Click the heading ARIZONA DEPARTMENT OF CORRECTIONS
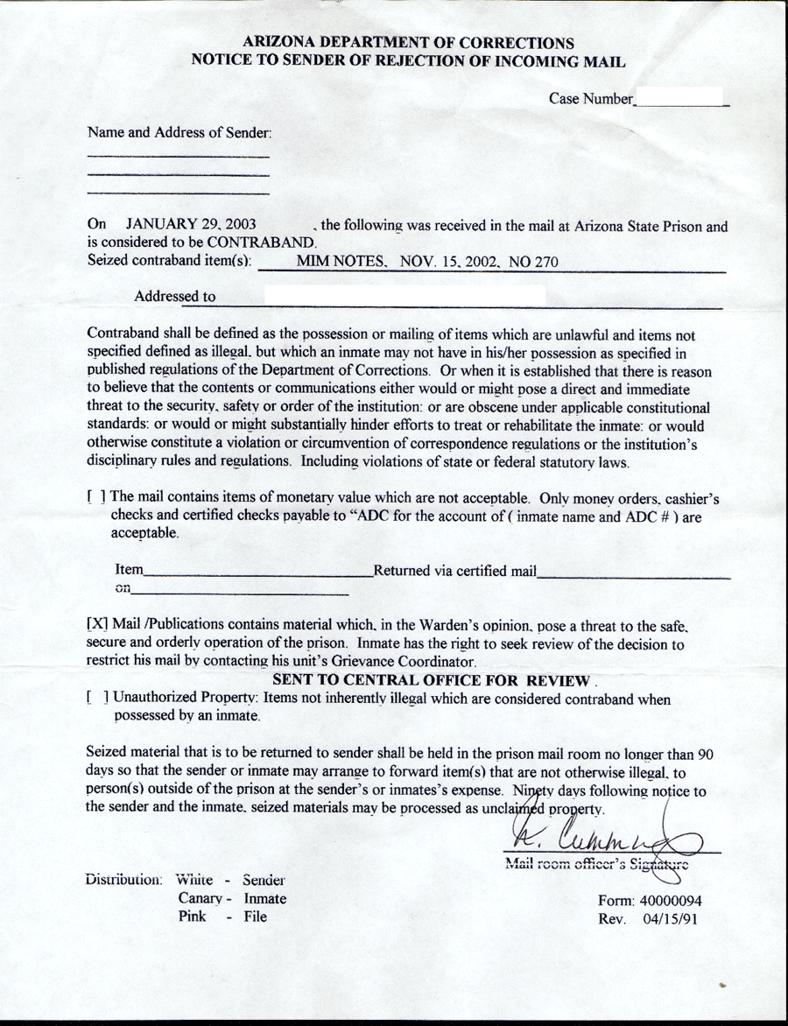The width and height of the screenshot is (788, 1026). pos(408,42)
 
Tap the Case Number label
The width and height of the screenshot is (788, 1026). pos(590,99)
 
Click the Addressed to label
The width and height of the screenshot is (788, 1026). pos(174,297)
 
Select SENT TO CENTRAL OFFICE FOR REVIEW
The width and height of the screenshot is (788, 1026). pos(432,680)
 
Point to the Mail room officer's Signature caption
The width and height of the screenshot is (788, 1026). pos(596,865)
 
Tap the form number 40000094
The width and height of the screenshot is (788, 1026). pos(669,901)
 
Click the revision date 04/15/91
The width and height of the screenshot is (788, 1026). pos(668,919)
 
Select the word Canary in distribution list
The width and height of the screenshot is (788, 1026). pos(201,899)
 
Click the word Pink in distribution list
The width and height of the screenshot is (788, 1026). pos(193,917)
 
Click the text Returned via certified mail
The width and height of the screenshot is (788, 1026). pos(454,572)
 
